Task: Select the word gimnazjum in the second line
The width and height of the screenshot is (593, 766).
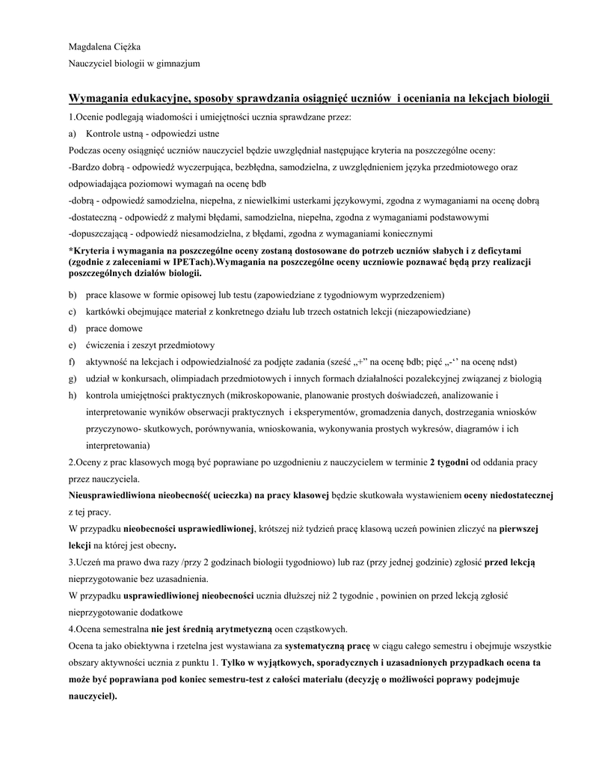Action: (176, 64)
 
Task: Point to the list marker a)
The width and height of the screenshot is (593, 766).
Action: (73, 134)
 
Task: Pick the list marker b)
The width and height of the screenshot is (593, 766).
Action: (73, 295)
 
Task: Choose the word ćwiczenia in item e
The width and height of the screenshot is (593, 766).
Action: (106, 345)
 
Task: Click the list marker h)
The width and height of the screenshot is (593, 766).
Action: (73, 395)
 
